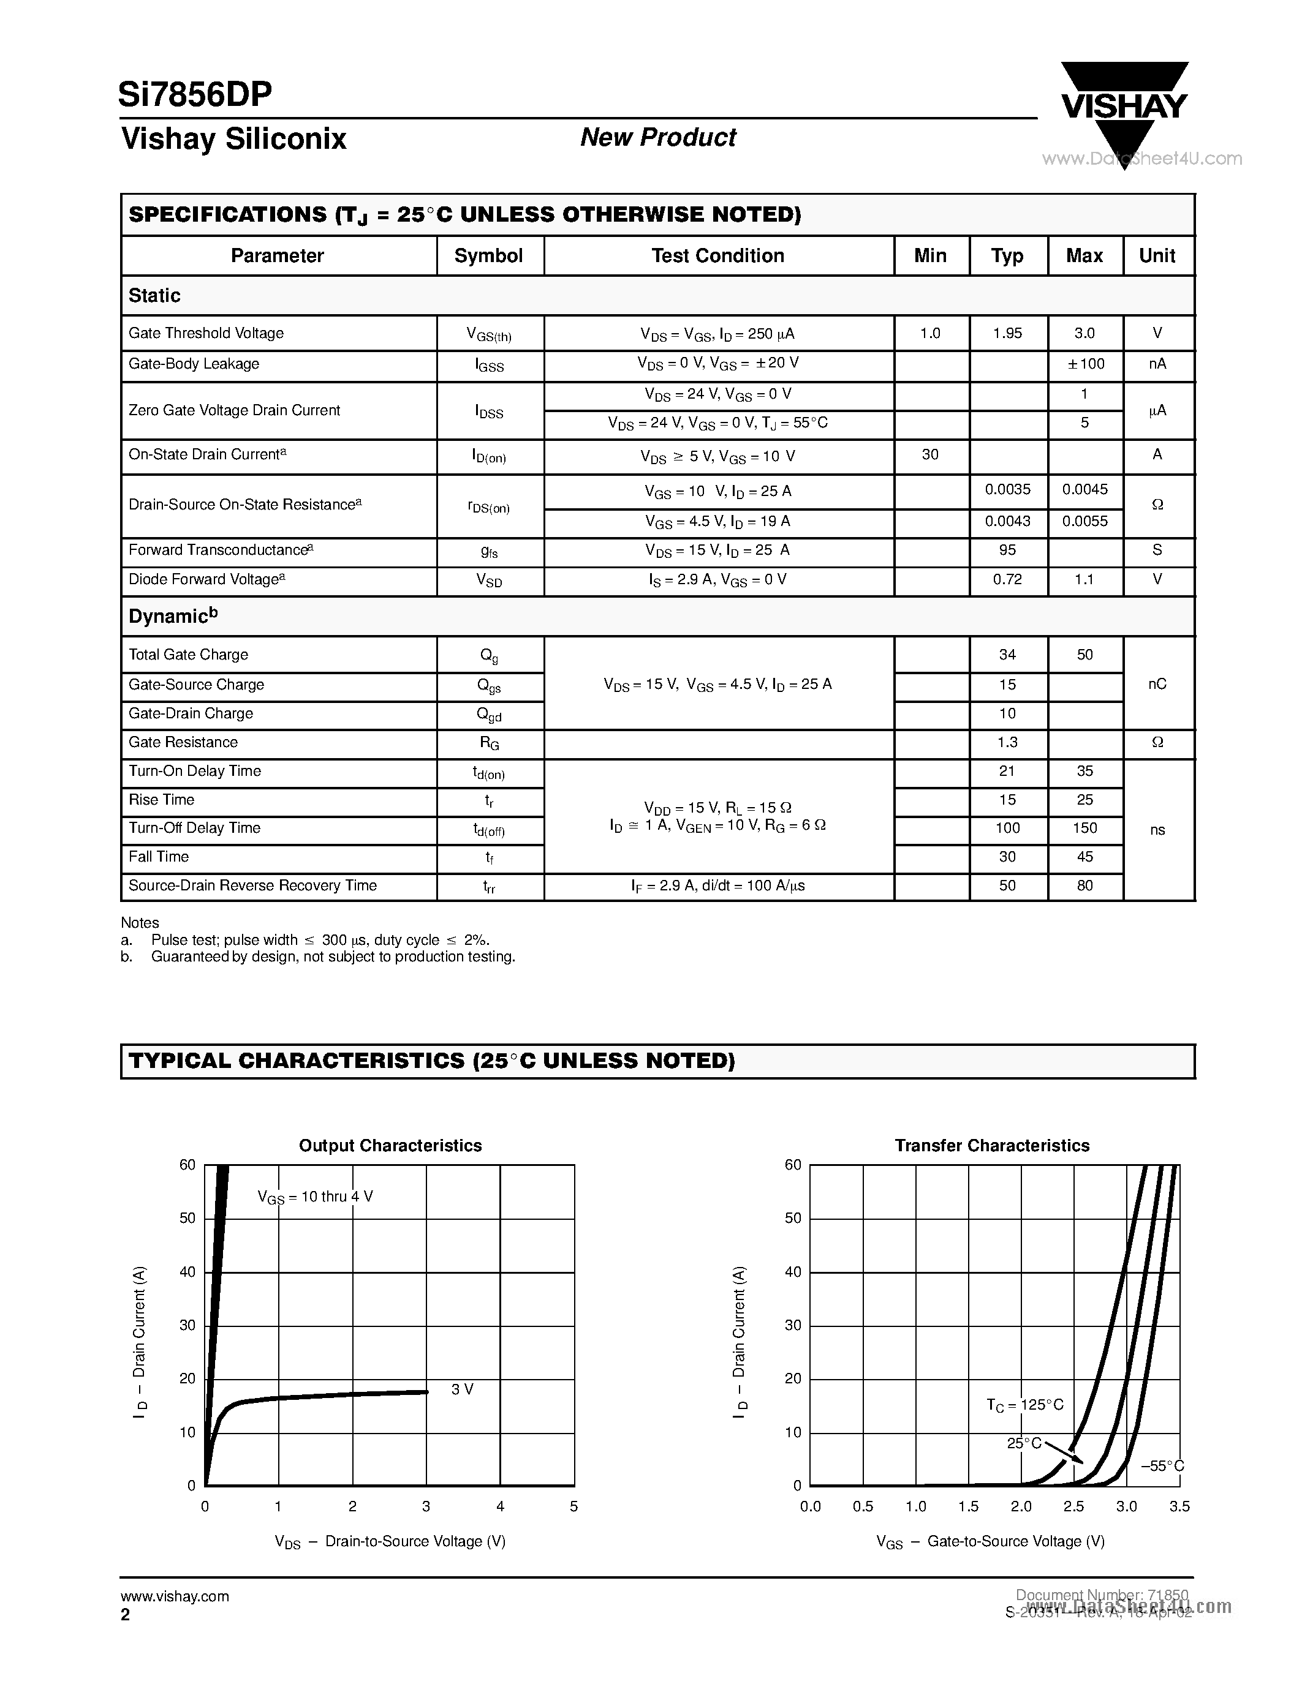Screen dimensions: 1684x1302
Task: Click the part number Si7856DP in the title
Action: [x=195, y=95]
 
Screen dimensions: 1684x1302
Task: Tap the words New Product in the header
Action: [x=658, y=137]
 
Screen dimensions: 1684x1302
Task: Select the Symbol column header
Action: [x=488, y=256]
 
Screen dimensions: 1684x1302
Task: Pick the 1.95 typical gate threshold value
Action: [x=1007, y=333]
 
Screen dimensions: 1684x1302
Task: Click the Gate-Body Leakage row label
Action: [x=194, y=364]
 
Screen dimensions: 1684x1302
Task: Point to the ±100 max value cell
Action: [x=1084, y=364]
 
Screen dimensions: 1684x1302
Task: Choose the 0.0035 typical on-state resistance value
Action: [x=1007, y=490]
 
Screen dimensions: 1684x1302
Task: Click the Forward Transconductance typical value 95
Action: [x=1007, y=550]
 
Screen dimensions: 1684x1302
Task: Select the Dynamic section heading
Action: [x=173, y=616]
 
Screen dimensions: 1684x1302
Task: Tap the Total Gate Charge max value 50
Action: [x=1084, y=655]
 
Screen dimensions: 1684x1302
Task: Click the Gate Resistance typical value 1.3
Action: [x=1007, y=742]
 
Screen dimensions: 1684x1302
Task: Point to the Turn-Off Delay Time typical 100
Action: [x=1007, y=828]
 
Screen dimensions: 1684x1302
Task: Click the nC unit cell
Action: [x=1157, y=684]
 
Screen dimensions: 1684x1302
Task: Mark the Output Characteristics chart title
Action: [x=390, y=1146]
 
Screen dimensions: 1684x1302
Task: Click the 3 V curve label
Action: [x=462, y=1389]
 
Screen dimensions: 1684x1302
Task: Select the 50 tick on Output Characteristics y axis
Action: [x=187, y=1218]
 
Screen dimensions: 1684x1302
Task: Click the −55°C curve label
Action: [x=1162, y=1466]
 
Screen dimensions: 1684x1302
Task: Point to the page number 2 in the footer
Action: [x=125, y=1615]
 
